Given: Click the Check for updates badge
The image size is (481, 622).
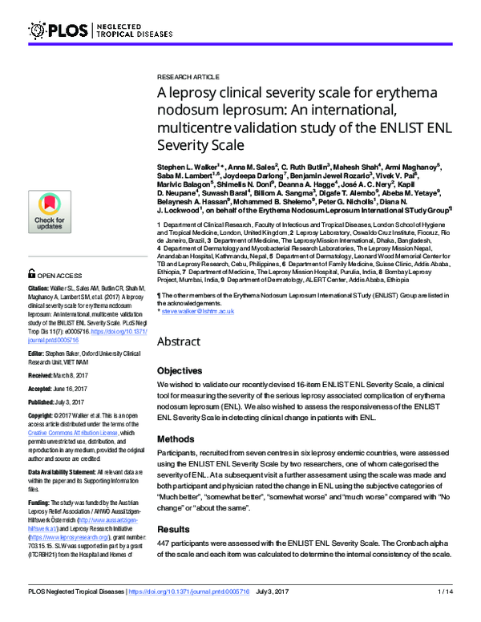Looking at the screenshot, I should [x=49, y=212].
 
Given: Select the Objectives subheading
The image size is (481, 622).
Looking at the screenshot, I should [x=181, y=371].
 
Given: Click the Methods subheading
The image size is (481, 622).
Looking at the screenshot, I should [x=176, y=439].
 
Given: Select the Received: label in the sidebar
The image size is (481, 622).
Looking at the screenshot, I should [x=44, y=374].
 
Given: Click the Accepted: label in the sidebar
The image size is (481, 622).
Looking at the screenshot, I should [x=45, y=387].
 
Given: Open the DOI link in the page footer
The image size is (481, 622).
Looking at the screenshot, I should [x=211, y=613].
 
